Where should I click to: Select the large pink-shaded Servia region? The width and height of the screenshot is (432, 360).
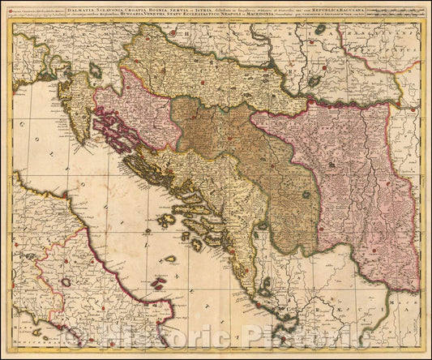(x=340, y=178)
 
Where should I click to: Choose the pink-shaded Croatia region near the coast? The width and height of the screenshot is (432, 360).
(x=146, y=114)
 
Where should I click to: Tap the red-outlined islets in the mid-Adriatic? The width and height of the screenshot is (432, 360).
(x=169, y=259)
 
